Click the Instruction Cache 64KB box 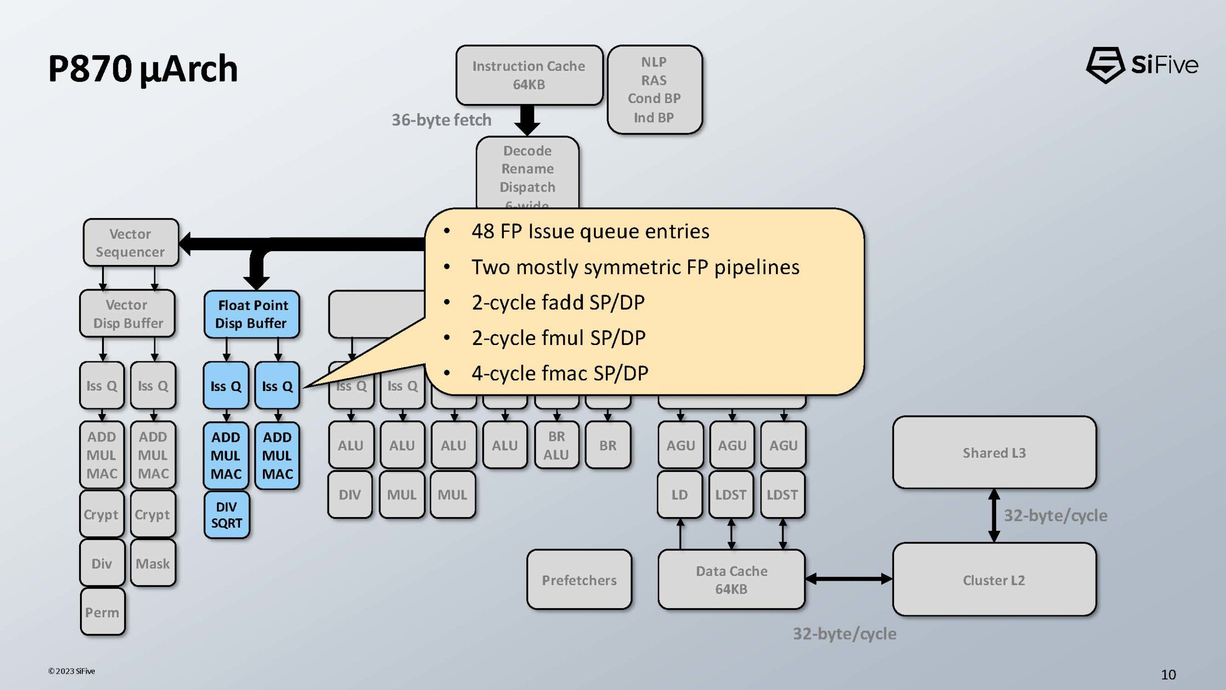(x=529, y=75)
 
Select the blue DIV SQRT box (x=227, y=515)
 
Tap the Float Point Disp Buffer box (x=252, y=314)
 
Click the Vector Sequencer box (x=130, y=243)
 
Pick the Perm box (x=102, y=612)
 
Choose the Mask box (x=153, y=563)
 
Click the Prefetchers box (x=579, y=580)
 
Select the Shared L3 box (x=994, y=452)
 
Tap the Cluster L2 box (x=994, y=580)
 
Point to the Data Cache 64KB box (x=731, y=580)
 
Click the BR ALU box (x=556, y=445)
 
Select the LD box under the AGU (x=680, y=494)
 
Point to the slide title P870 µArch (x=143, y=69)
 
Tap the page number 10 (x=1168, y=674)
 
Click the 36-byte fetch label (x=442, y=120)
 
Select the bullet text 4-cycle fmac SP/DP (x=559, y=373)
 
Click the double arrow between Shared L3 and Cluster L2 (x=994, y=516)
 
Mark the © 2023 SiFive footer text (x=72, y=671)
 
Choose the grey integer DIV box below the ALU (x=350, y=494)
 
